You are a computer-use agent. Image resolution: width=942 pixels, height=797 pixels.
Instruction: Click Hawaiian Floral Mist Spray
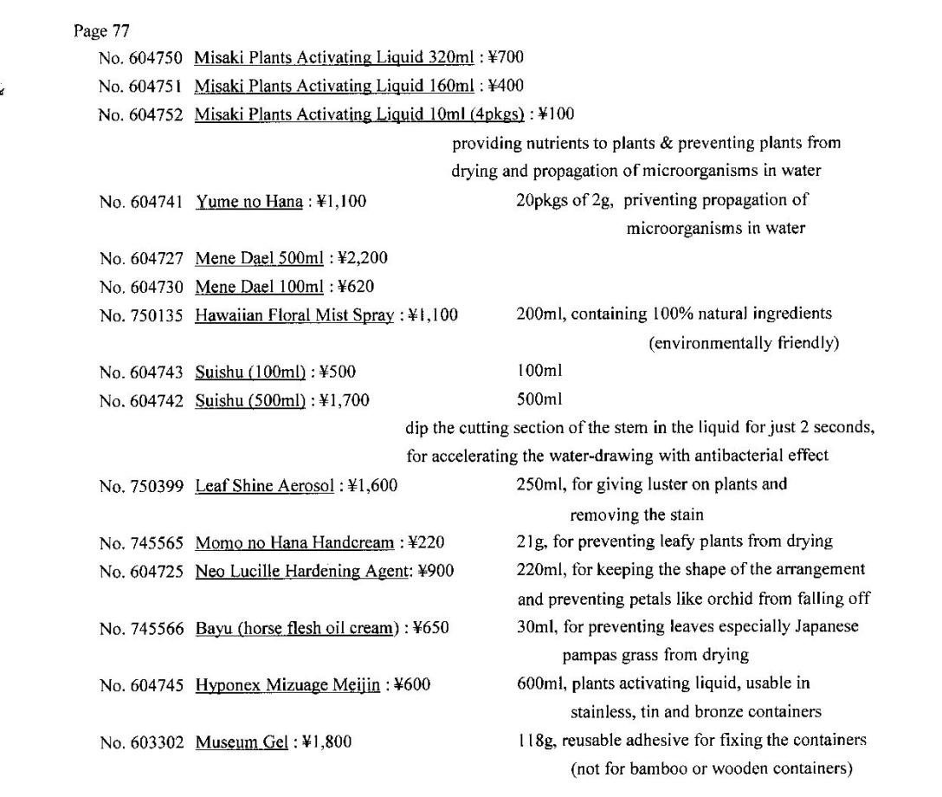(x=294, y=314)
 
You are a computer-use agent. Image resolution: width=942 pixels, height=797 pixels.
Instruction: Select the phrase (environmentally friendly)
(x=744, y=343)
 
